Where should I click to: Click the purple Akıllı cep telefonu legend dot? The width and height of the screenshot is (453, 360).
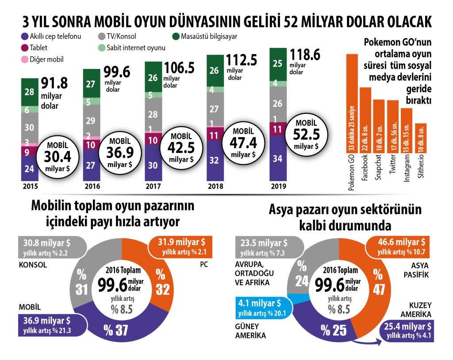(x=24, y=37)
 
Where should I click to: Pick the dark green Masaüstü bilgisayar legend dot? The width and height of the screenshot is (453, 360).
(x=174, y=37)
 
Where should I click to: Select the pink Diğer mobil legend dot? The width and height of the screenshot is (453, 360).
(x=24, y=59)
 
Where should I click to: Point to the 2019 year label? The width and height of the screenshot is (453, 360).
(x=276, y=186)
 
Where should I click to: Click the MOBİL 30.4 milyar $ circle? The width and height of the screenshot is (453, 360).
(x=56, y=156)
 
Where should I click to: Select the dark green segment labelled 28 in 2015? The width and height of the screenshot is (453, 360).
(x=30, y=92)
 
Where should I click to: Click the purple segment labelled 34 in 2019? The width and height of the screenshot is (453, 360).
(x=277, y=158)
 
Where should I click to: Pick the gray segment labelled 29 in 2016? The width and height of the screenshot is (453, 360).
(x=92, y=120)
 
